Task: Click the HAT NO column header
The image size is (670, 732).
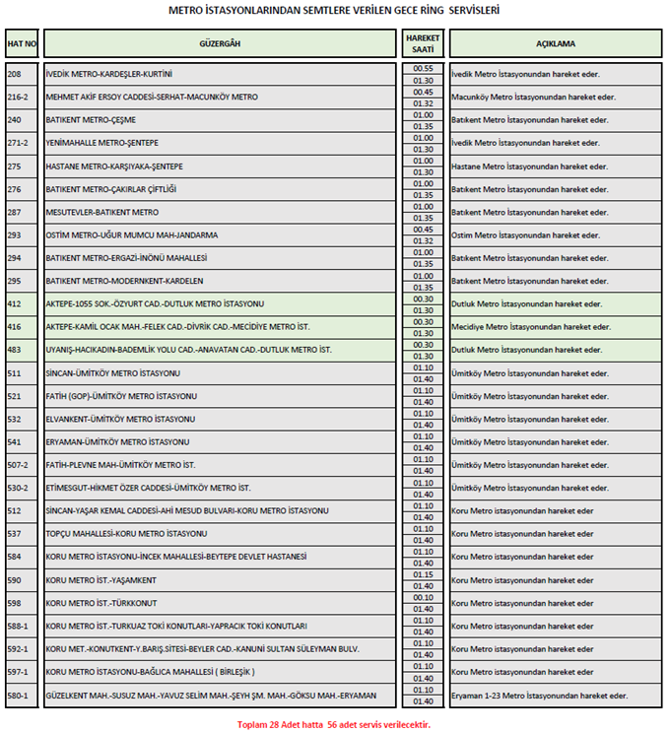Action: (x=22, y=43)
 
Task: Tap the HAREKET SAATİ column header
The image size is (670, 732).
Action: (x=423, y=43)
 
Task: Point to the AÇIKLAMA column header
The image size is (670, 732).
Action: (x=556, y=43)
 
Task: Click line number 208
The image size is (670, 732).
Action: (x=15, y=74)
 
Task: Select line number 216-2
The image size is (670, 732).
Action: (x=18, y=98)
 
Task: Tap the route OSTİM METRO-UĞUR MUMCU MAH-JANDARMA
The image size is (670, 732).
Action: (x=132, y=235)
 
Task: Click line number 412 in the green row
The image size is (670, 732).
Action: (x=15, y=303)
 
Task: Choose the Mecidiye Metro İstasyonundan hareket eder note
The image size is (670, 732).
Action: (x=530, y=327)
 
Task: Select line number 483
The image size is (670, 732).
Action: (x=15, y=350)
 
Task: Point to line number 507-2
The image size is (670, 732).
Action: (x=18, y=465)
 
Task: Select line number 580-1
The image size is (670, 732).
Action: (x=18, y=696)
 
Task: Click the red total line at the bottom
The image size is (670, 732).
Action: (x=334, y=723)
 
